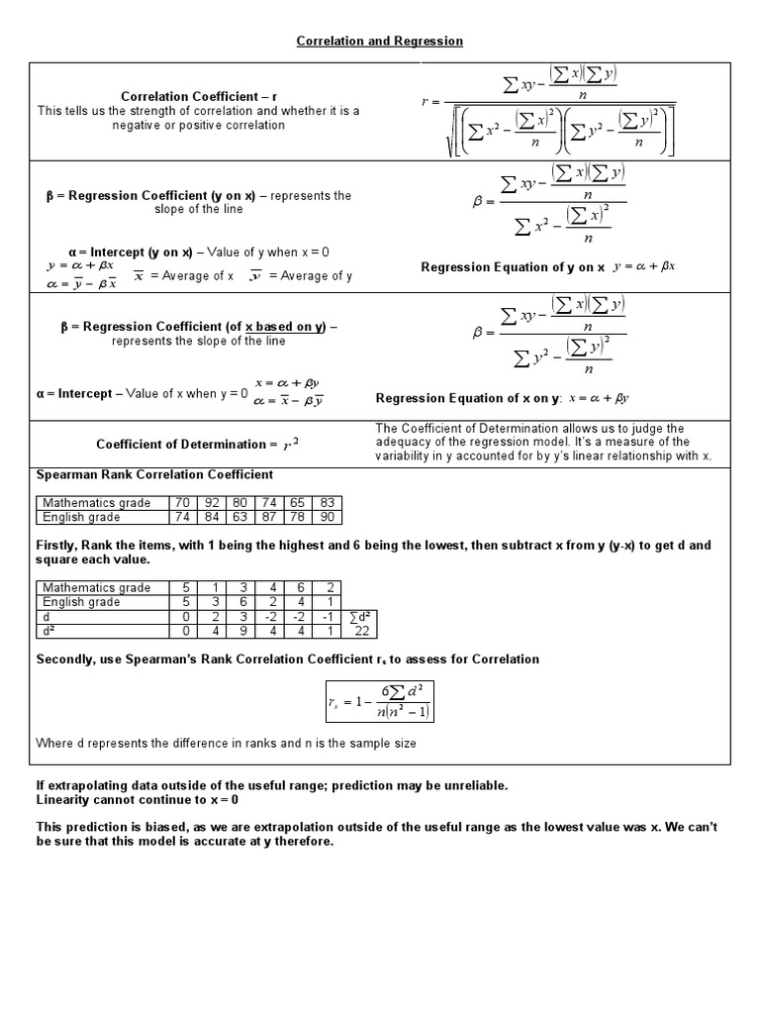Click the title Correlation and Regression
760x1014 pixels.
[380, 41]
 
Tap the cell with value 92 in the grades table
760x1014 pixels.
[211, 502]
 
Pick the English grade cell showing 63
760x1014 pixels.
[239, 516]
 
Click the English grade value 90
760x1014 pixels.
[329, 516]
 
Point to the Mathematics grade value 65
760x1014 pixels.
[298, 502]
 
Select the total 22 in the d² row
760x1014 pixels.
[361, 630]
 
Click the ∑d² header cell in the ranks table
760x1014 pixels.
[361, 616]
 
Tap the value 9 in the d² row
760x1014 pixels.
[239, 630]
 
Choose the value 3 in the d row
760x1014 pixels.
[239, 616]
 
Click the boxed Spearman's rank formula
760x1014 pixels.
[380, 700]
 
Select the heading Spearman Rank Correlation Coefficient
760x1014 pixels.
[154, 474]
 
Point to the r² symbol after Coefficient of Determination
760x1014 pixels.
[290, 445]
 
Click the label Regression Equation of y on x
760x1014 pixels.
[513, 267]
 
